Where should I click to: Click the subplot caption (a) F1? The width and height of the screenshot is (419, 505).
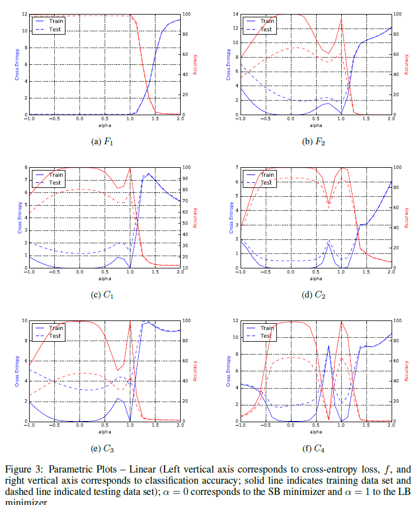pos(102,141)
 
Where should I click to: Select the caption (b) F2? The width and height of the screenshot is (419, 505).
pos(314,141)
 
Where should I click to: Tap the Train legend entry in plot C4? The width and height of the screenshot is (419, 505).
pos(267,328)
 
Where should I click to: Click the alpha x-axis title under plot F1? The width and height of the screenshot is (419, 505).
pos(104,125)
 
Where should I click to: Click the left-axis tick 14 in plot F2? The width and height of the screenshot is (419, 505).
pos(235,14)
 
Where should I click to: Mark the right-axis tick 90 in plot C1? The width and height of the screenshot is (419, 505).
pos(187,178)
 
